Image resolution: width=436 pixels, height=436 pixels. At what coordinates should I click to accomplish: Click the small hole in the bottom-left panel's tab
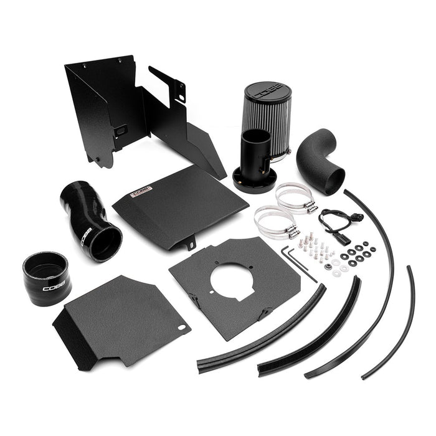pyautogui.click(x=181, y=327)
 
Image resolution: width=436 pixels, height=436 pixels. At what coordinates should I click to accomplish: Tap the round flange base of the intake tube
pyautogui.click(x=254, y=181)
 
